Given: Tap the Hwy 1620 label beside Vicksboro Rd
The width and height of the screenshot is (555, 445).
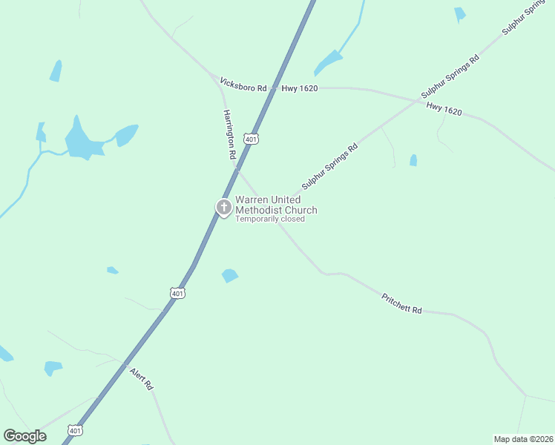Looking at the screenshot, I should point(299,88).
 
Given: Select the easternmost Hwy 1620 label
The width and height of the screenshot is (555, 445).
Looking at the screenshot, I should point(444,109).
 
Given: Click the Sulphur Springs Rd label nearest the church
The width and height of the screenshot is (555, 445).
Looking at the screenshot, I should point(329,167).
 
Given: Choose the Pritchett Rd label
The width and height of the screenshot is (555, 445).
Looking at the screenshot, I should point(401,304).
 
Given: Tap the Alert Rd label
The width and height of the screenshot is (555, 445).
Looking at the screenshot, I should point(141,378).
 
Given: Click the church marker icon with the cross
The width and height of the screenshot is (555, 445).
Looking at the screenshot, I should point(223,207).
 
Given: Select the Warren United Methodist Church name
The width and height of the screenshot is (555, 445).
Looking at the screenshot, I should point(276,205).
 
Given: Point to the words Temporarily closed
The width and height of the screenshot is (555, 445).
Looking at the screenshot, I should point(270,219).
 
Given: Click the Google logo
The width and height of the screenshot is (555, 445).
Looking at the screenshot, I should point(24,436).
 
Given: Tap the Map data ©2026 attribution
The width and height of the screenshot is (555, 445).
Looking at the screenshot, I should point(523,438).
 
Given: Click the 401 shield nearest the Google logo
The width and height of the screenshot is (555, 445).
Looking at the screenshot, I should point(75,430).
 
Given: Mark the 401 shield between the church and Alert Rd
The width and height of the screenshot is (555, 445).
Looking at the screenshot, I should point(177,293).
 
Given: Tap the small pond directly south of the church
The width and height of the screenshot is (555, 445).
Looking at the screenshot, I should point(230,275).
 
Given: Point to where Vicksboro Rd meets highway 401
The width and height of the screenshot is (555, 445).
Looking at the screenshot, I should point(275,88).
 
